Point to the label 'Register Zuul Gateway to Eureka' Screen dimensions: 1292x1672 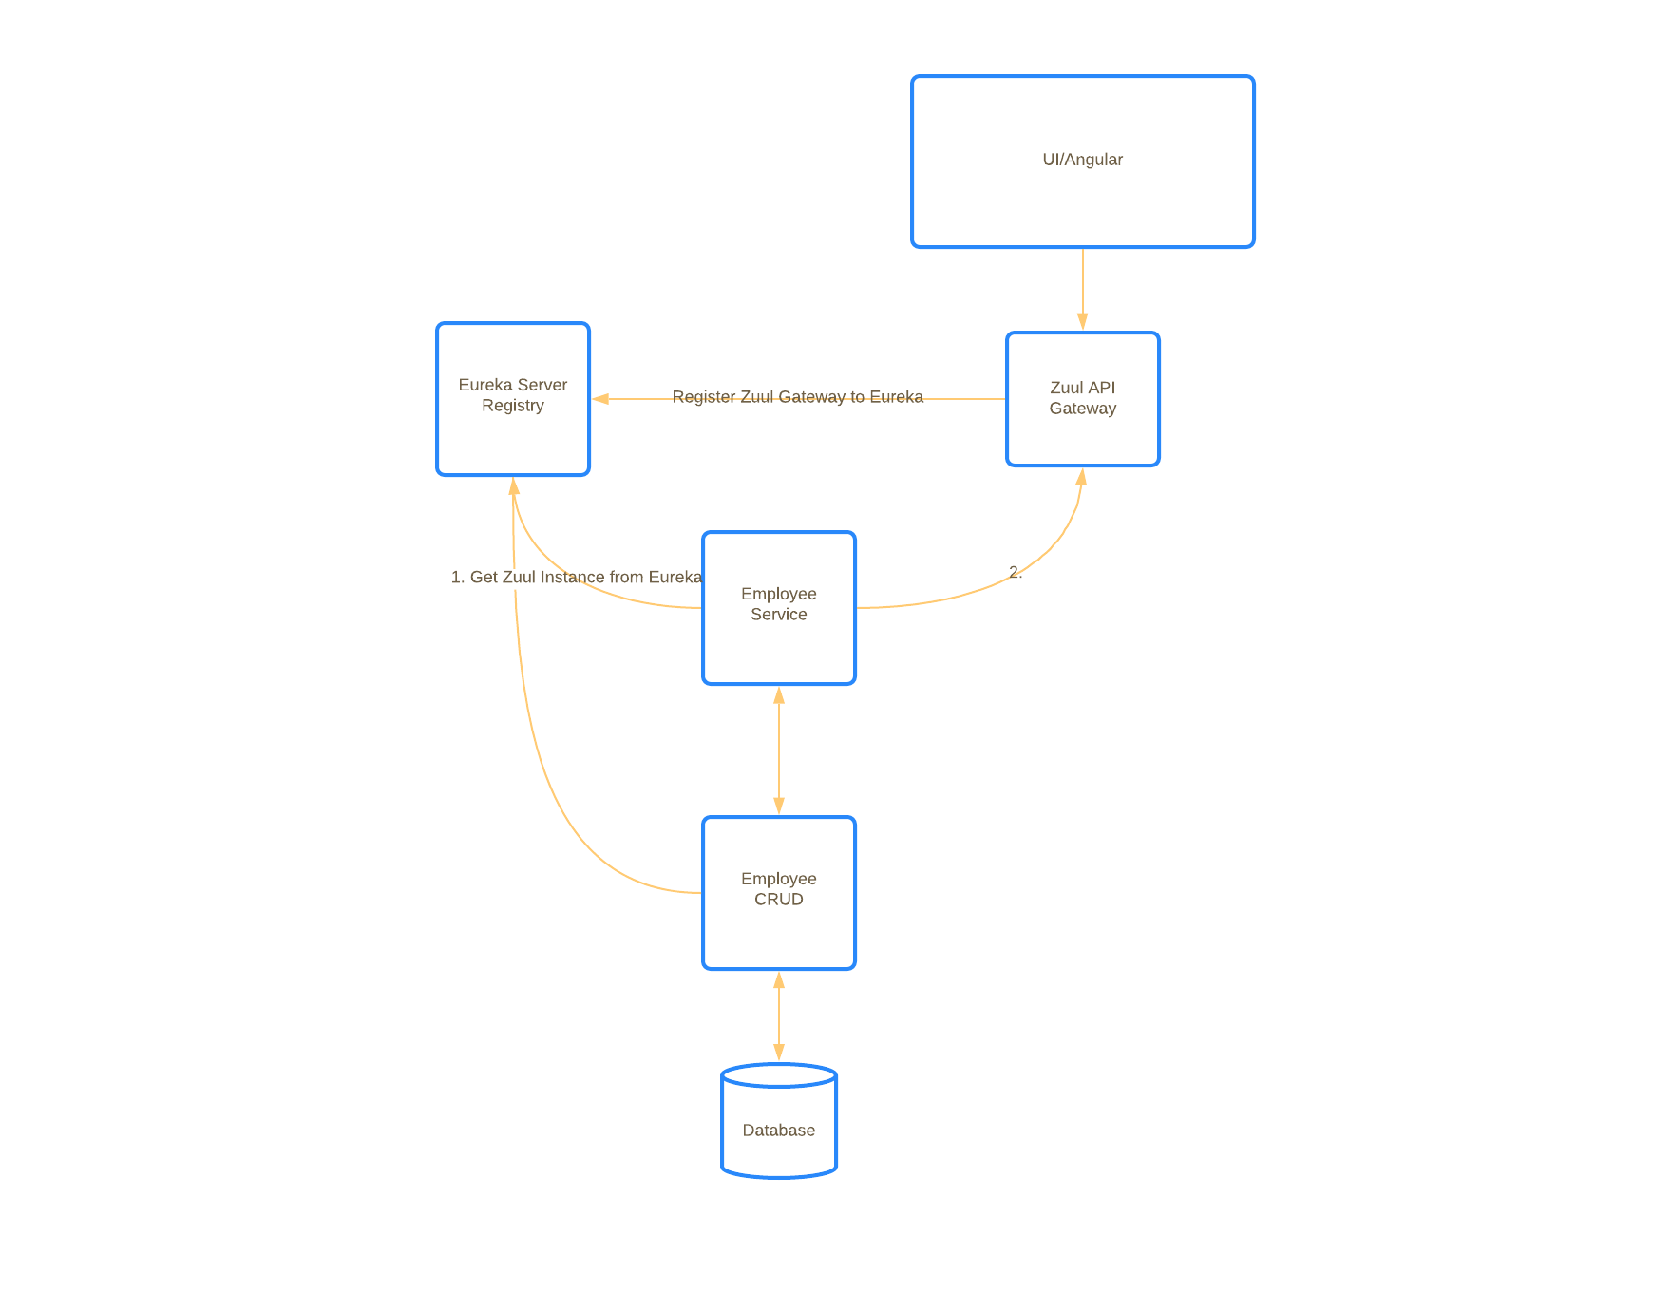pyautogui.click(x=798, y=397)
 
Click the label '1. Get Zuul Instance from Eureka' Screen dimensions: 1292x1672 pyautogui.click(x=576, y=577)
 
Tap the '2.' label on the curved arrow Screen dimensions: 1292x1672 pyautogui.click(x=1016, y=572)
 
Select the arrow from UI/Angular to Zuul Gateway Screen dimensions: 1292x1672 pyautogui.click(x=1083, y=285)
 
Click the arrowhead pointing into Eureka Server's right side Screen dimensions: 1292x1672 pyautogui.click(x=600, y=399)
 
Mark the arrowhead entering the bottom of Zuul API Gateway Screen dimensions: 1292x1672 pyautogui.click(x=1081, y=477)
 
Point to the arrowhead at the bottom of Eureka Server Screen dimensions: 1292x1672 pyautogui.click(x=513, y=486)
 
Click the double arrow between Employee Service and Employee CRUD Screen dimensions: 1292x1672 pyautogui.click(x=779, y=750)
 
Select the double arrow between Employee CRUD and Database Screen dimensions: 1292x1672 pyautogui.click(x=779, y=1016)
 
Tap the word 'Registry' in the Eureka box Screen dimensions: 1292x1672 pyautogui.click(x=513, y=406)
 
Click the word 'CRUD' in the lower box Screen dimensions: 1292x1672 pyautogui.click(x=779, y=900)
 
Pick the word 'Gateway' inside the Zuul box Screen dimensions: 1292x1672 pyautogui.click(x=1083, y=408)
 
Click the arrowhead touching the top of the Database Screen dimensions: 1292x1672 pyautogui.click(x=779, y=1053)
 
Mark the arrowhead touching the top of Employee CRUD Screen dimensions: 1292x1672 pyautogui.click(x=779, y=806)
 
